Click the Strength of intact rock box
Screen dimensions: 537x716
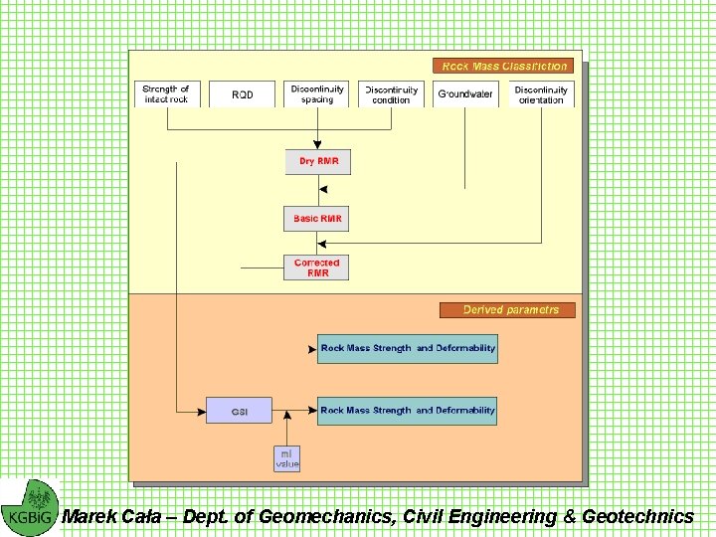click(x=166, y=94)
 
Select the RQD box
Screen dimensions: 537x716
click(x=243, y=94)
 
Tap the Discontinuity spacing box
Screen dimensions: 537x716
click(x=317, y=94)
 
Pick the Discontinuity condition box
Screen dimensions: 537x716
click(x=391, y=94)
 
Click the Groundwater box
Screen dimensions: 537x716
click(x=465, y=94)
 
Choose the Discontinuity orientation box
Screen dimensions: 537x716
click(x=541, y=94)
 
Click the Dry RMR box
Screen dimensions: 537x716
click(x=318, y=161)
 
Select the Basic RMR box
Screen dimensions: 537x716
click(x=317, y=219)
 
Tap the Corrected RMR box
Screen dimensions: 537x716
click(x=316, y=268)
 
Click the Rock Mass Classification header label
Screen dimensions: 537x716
click(x=504, y=67)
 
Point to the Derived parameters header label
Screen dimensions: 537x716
click(x=507, y=310)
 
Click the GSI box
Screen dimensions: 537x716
click(x=239, y=411)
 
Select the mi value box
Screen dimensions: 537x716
click(x=286, y=458)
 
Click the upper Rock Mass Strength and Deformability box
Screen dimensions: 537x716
click(x=407, y=349)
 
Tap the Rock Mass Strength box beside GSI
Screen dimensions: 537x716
click(x=407, y=411)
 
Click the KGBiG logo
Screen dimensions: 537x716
click(x=30, y=507)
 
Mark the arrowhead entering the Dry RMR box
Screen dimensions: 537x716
click(x=317, y=145)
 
